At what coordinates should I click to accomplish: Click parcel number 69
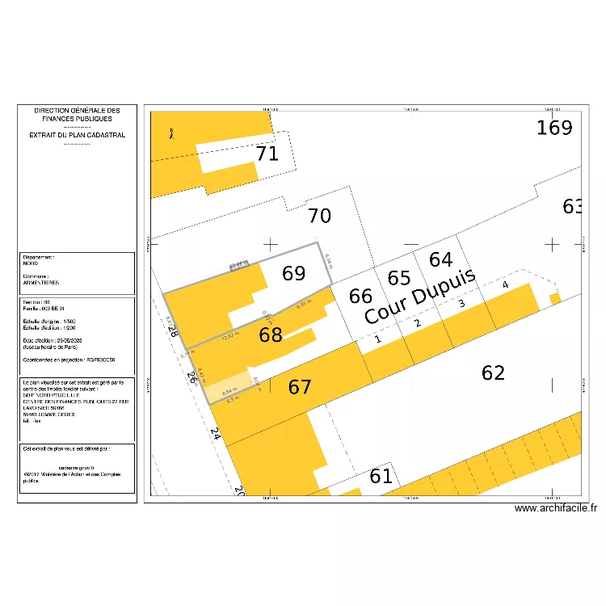click(x=293, y=273)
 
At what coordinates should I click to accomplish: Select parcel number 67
click(x=300, y=388)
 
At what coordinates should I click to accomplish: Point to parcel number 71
click(x=267, y=154)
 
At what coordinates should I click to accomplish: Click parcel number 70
click(x=319, y=216)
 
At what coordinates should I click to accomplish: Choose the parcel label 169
click(x=554, y=128)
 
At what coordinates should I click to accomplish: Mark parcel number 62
click(x=493, y=372)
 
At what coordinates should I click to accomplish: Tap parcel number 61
click(x=381, y=476)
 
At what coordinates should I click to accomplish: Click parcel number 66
click(x=360, y=296)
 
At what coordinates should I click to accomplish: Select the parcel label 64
click(x=440, y=259)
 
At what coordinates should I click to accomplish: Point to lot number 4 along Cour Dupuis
click(x=505, y=285)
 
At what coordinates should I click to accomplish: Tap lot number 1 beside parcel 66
click(x=378, y=340)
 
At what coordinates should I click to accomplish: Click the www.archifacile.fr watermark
click(x=555, y=508)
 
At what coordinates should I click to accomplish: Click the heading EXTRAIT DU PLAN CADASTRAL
click(x=77, y=135)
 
